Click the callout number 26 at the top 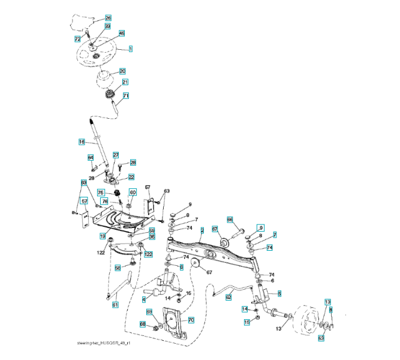click(108, 18)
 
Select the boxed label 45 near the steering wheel click(122, 34)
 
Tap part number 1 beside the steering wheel click(130, 47)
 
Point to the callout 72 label click(77, 38)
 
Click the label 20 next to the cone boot click(122, 71)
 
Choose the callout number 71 click(125, 95)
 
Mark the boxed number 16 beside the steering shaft click(82, 142)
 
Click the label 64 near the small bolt click(91, 157)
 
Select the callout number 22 click(131, 177)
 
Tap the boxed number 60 click(133, 192)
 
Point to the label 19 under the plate click(103, 236)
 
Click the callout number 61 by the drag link click(115, 305)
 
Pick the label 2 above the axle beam click(203, 230)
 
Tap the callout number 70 click(191, 320)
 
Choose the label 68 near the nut click(143, 325)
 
